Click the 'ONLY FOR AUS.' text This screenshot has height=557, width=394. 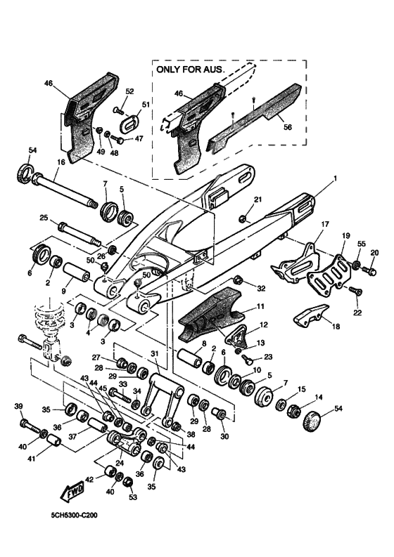pyautogui.click(x=190, y=70)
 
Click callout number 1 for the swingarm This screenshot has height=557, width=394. pyautogui.click(x=336, y=179)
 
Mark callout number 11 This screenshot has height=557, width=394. pyautogui.click(x=260, y=306)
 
